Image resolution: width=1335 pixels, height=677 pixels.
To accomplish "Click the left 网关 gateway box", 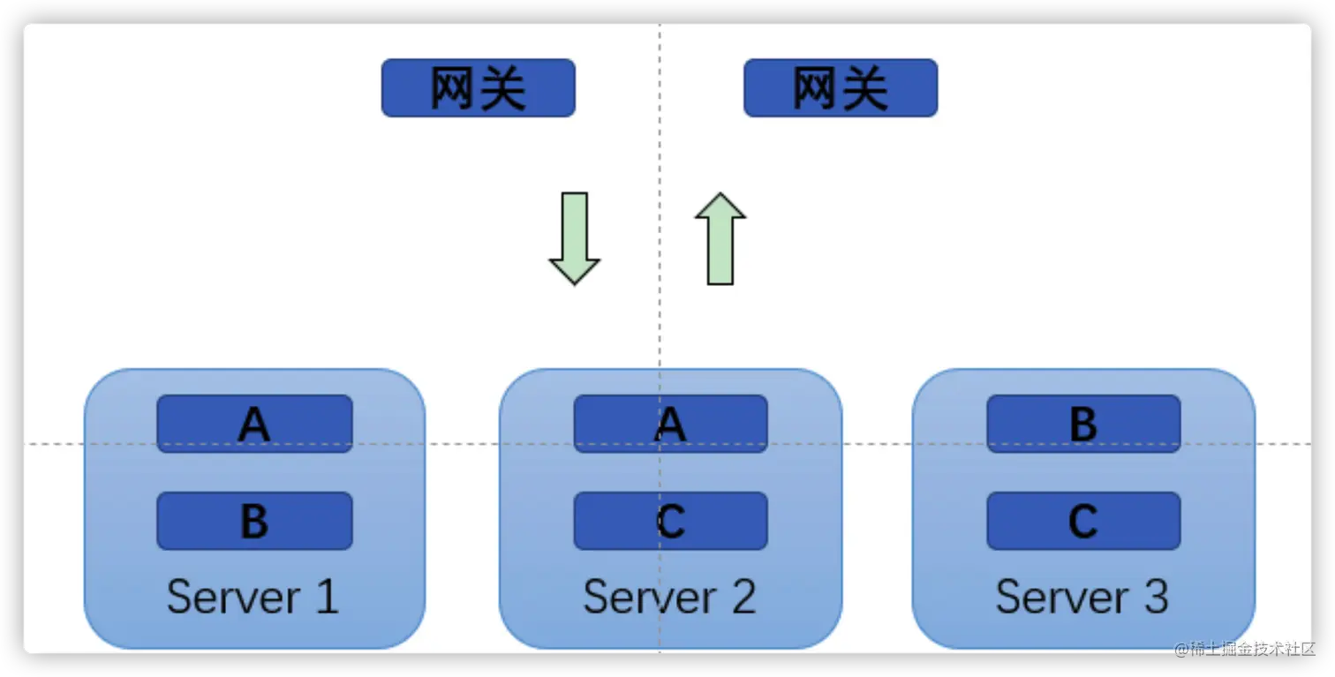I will tap(478, 88).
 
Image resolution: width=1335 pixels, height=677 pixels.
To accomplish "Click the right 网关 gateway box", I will tap(840, 88).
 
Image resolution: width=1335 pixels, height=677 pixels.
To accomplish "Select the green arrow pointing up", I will tap(720, 238).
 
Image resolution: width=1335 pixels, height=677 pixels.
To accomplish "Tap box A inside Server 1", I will tap(254, 425).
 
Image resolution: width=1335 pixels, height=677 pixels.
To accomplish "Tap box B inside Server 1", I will tap(254, 522).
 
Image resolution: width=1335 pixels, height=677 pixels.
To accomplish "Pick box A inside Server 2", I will tap(670, 425).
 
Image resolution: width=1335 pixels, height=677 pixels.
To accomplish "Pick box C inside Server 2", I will tap(670, 522).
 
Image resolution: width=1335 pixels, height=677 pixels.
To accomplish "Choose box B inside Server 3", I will tap(1083, 425).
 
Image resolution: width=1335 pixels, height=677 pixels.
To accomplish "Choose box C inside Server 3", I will tap(1083, 522).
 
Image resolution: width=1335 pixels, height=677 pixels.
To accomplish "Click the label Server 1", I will tap(253, 598).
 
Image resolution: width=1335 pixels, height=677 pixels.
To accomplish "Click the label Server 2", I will tap(669, 598).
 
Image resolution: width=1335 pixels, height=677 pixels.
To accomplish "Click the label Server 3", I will tap(1082, 598).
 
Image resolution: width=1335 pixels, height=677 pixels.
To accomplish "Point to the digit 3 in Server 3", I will tap(1155, 598).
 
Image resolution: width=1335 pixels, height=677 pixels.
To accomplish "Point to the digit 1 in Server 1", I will tap(326, 598).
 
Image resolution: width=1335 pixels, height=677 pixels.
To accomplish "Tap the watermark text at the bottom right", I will tap(1243, 649).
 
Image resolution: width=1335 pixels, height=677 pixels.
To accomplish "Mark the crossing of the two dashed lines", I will tap(660, 444).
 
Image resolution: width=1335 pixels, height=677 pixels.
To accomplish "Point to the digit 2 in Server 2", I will tap(743, 598).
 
